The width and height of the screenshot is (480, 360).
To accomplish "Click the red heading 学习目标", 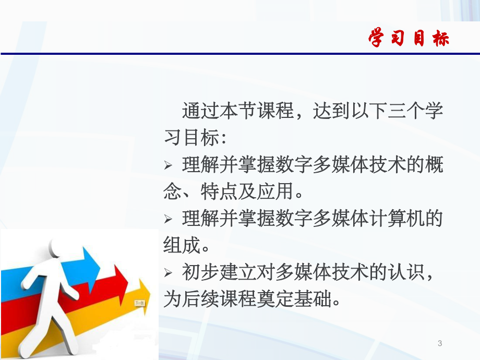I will pos(409,39).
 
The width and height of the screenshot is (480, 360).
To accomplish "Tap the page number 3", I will pos(440,343).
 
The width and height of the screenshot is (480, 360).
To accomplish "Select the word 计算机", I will pos(397,218).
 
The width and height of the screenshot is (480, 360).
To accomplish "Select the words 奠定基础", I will pos(303,299).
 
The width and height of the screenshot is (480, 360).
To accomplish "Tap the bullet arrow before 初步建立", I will pos(167,273).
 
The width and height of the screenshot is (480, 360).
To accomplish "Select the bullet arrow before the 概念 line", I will pos(167,166).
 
